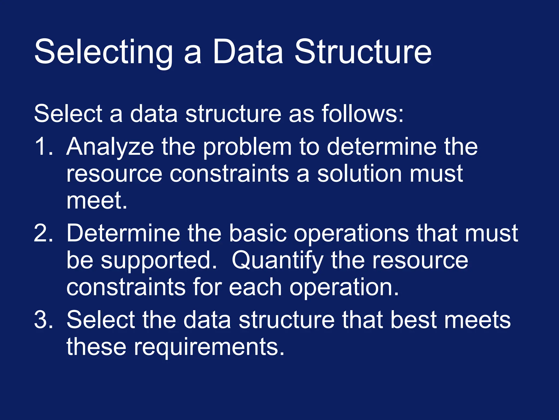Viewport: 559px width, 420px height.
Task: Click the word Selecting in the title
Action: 103,52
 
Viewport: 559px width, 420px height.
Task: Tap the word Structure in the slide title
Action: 363,52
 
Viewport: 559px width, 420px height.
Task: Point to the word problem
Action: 247,147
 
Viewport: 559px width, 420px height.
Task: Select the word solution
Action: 359,174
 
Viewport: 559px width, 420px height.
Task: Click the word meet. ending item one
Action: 97,200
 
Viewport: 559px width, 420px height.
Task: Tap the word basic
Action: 258,233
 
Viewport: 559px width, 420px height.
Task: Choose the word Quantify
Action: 277,260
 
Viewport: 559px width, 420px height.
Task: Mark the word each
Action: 255,287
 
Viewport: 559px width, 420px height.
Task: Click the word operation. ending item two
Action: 344,287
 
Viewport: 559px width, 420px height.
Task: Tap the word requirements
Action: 209,347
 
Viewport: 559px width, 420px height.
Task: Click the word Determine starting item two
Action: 123,233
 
